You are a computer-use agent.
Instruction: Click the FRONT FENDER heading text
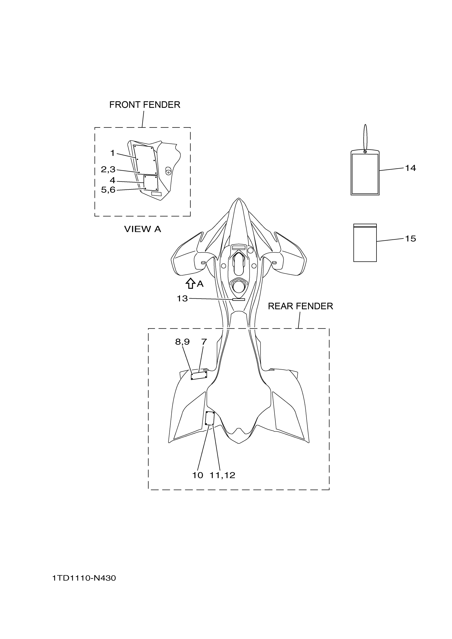(x=145, y=105)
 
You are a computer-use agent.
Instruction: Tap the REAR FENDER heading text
(x=300, y=306)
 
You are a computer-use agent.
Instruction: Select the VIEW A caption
(x=142, y=229)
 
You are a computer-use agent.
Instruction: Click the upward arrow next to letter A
(x=190, y=283)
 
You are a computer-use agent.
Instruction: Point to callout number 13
(x=182, y=299)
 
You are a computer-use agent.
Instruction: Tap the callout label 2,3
(x=108, y=169)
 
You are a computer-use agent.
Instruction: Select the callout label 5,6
(x=108, y=190)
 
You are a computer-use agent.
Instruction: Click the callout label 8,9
(x=182, y=342)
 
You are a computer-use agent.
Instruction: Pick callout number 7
(x=204, y=341)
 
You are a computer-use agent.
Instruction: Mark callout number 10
(x=198, y=475)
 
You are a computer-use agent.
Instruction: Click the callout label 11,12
(x=222, y=475)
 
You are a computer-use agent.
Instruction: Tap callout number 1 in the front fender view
(x=112, y=153)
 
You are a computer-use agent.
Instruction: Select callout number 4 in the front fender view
(x=112, y=180)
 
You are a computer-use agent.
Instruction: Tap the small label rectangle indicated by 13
(x=238, y=299)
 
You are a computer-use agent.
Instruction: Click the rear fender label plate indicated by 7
(x=199, y=375)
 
